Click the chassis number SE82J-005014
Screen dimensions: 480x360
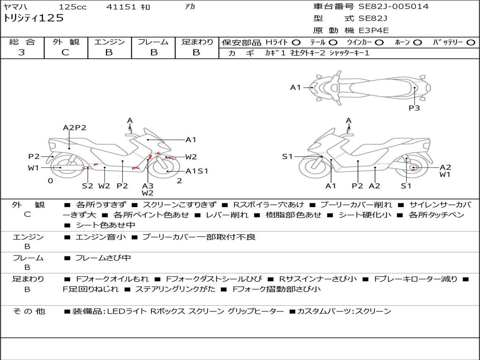(393, 7)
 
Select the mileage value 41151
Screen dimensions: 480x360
(121, 7)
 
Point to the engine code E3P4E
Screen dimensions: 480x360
(374, 30)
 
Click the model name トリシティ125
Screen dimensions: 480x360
(33, 18)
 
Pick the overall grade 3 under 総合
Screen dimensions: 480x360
(22, 52)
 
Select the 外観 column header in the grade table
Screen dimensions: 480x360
(66, 42)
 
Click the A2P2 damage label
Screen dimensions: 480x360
(75, 127)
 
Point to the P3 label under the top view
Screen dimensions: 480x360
(414, 108)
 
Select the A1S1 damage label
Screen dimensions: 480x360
(197, 171)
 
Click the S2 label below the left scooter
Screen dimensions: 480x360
(88, 186)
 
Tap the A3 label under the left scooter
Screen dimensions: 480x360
(148, 186)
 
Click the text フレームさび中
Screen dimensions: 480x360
(103, 258)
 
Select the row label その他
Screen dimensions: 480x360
(29, 311)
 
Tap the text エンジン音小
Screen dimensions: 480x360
(100, 237)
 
